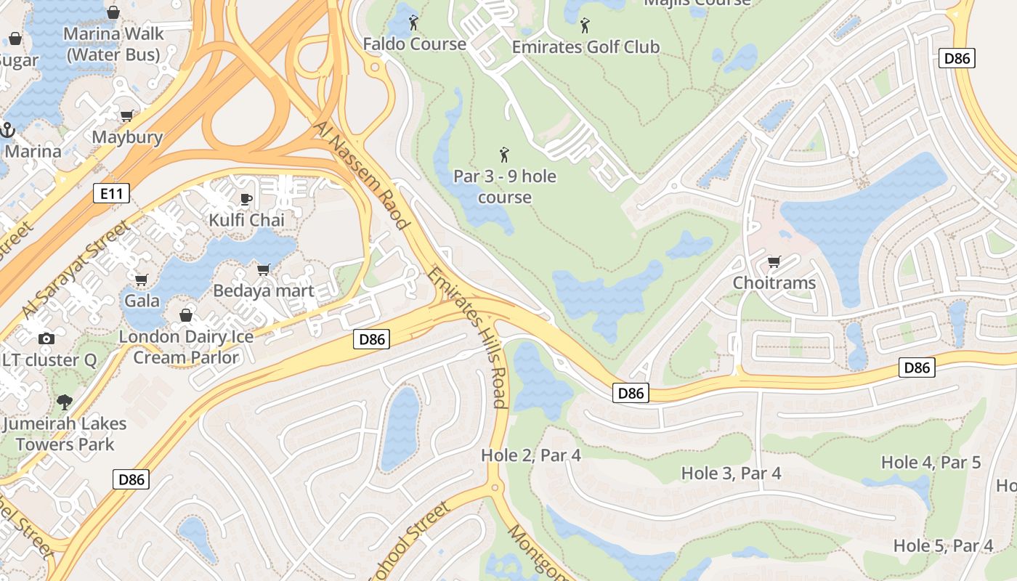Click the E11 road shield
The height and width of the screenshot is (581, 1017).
[x=111, y=193]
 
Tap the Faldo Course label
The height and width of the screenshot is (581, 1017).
[x=415, y=44]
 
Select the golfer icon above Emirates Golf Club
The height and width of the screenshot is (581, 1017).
[x=585, y=26]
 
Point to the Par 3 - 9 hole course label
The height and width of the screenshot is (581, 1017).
[x=505, y=187]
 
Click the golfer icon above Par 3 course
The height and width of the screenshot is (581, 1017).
[x=504, y=155]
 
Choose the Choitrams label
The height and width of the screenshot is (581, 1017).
[x=774, y=283]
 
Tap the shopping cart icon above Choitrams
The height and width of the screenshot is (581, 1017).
[x=774, y=261]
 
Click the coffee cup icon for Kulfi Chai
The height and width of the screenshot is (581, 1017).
[x=246, y=199]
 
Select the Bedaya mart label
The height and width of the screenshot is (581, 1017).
[x=264, y=290]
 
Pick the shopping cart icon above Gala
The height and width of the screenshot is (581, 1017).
[x=141, y=280]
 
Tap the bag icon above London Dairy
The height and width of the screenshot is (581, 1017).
[x=186, y=315]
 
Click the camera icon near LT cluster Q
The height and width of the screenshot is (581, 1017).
[x=46, y=338]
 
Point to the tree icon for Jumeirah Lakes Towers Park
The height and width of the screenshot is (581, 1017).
[x=65, y=402]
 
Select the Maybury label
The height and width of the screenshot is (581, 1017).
[x=127, y=137]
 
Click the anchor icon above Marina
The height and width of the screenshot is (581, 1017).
[x=8, y=131]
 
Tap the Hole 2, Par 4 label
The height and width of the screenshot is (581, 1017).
[x=531, y=455]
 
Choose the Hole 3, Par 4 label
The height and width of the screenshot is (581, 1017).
[x=731, y=473]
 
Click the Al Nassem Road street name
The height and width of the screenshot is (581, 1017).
[x=361, y=175]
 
